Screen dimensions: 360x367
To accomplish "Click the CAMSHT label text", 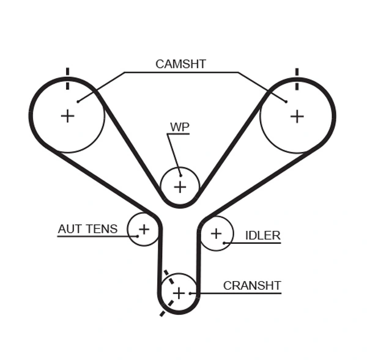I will point(180,64).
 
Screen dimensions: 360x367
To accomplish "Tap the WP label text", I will point(179,127).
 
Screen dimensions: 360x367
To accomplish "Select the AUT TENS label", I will point(87,229).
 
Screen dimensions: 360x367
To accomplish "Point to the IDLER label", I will point(262,235).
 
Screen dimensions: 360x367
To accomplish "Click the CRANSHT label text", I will point(251,285).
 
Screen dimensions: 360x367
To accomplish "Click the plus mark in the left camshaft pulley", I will point(67,116).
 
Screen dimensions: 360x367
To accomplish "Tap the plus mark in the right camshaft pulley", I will point(297,116).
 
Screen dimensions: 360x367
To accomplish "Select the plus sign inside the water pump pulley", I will point(180,186).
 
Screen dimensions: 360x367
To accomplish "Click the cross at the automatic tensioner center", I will point(144,229).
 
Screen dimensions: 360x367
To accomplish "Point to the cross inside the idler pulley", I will point(216,233).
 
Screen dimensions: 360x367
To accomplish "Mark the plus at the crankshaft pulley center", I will point(178,293).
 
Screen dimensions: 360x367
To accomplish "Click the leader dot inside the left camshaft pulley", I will point(78,101).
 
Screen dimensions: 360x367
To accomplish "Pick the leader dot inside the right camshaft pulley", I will point(286,101).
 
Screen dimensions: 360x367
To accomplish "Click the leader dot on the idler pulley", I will point(224,243).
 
